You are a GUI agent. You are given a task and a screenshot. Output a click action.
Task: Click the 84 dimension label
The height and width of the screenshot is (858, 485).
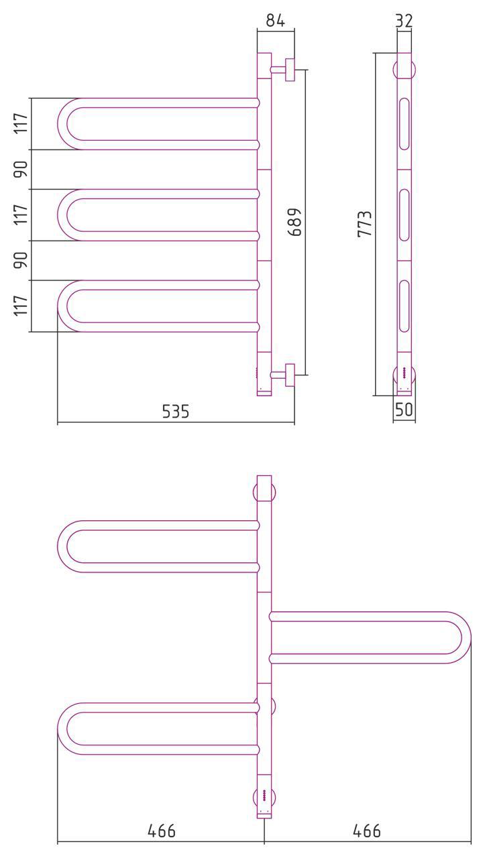tap(276, 20)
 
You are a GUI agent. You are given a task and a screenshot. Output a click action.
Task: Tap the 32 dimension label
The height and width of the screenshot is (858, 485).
tap(404, 20)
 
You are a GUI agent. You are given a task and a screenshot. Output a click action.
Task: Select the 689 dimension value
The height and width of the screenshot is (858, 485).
tap(295, 222)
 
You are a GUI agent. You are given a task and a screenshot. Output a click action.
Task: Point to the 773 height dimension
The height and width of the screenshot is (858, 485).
tap(365, 224)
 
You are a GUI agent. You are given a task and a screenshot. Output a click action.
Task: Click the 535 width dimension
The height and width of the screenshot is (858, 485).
tap(176, 412)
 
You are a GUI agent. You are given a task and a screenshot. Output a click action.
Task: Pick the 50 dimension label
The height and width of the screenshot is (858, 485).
tap(404, 410)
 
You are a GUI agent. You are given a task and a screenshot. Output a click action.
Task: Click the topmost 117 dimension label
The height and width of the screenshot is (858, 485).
tap(21, 123)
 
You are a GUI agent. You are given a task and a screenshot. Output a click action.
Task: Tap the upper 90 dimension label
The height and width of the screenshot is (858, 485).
tap(21, 169)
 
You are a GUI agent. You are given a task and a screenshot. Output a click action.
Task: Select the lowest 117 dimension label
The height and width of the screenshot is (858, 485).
tap(21, 306)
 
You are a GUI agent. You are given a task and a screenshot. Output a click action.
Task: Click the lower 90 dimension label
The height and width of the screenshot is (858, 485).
tap(21, 260)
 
